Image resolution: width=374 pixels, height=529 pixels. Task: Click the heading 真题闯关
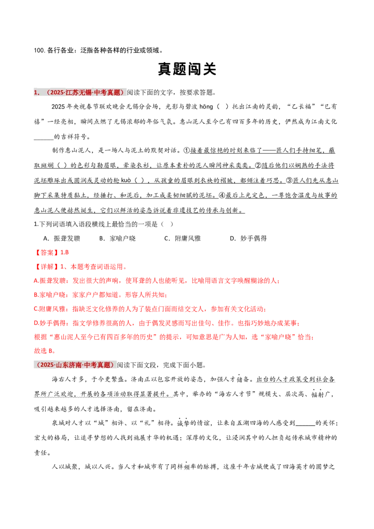click(187, 69)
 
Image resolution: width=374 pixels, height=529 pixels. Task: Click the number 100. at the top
click(39, 50)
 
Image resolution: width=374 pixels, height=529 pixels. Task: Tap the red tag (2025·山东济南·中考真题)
click(75, 365)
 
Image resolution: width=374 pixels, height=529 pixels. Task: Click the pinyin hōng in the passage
click(206, 107)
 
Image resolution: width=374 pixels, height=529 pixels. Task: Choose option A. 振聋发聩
click(62, 238)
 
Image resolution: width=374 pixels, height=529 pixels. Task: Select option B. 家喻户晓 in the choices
click(117, 238)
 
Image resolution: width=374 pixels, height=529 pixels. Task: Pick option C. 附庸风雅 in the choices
click(183, 238)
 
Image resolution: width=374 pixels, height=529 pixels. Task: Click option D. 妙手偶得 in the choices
click(248, 238)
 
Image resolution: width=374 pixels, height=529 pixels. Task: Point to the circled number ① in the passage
click(187, 150)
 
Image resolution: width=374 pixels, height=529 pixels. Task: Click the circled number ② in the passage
click(258, 165)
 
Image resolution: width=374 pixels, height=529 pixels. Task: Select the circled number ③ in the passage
click(289, 180)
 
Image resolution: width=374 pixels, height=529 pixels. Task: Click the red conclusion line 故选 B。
click(45, 351)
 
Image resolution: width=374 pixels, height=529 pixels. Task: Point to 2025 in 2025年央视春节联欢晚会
click(58, 107)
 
